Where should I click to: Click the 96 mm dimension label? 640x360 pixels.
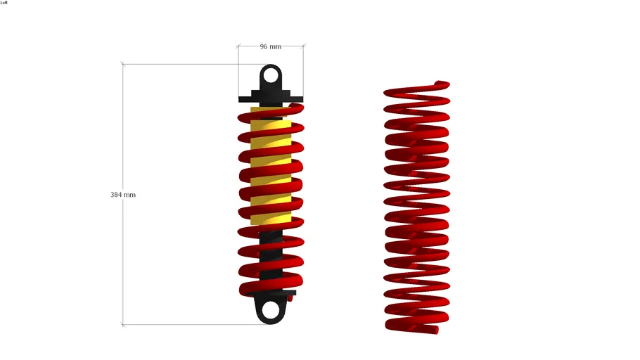coord(270,46)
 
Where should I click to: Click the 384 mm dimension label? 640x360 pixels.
coord(123,194)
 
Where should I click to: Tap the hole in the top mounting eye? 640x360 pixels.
coord(271,73)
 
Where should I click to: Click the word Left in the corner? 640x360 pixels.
coord(4,3)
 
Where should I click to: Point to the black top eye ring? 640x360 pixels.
coord(271,66)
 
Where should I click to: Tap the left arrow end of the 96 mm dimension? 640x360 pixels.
coord(238,46)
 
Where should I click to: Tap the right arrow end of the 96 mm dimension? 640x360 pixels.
coord(303,46)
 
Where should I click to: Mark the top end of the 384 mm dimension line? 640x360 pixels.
coord(124,64)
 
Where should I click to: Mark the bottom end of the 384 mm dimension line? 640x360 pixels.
coord(124,324)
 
